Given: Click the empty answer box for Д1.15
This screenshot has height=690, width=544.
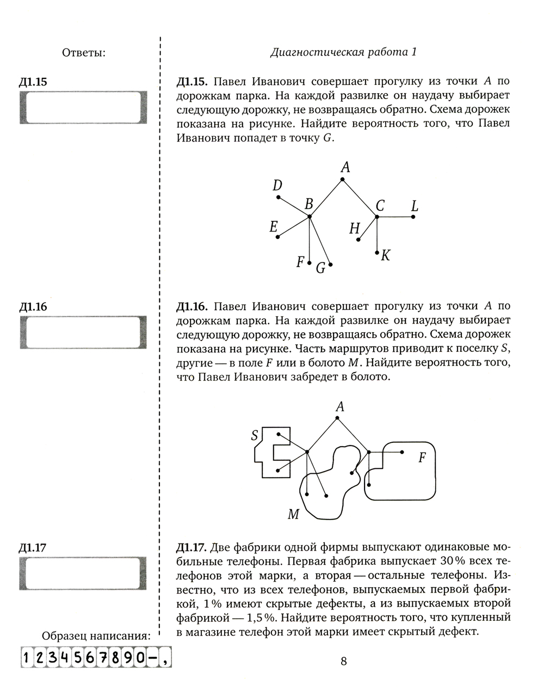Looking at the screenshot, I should (83, 107).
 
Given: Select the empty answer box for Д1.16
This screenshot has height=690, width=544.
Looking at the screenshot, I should (83, 332).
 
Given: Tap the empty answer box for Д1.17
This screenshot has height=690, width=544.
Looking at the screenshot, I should (83, 573).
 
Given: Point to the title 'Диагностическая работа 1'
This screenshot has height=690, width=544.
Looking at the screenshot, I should (343, 52).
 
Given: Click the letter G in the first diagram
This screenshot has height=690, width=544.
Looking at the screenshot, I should (320, 268).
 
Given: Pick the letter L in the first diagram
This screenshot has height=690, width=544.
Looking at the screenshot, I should (415, 206).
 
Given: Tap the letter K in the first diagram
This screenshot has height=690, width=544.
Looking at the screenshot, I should (386, 255).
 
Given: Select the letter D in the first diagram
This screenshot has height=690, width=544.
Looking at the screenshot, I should (277, 186).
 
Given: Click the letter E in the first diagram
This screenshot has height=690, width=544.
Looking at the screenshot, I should (274, 227).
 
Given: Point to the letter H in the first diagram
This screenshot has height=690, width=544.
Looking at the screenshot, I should (354, 228).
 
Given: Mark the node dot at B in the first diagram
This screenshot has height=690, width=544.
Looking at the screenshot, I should (309, 217).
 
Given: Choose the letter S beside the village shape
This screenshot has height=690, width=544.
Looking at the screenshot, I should (255, 436).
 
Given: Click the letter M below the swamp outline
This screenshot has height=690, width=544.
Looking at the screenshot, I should (293, 514).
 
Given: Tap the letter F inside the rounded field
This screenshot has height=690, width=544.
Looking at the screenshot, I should (421, 457).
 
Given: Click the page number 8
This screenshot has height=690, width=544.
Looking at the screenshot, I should (343, 661).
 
